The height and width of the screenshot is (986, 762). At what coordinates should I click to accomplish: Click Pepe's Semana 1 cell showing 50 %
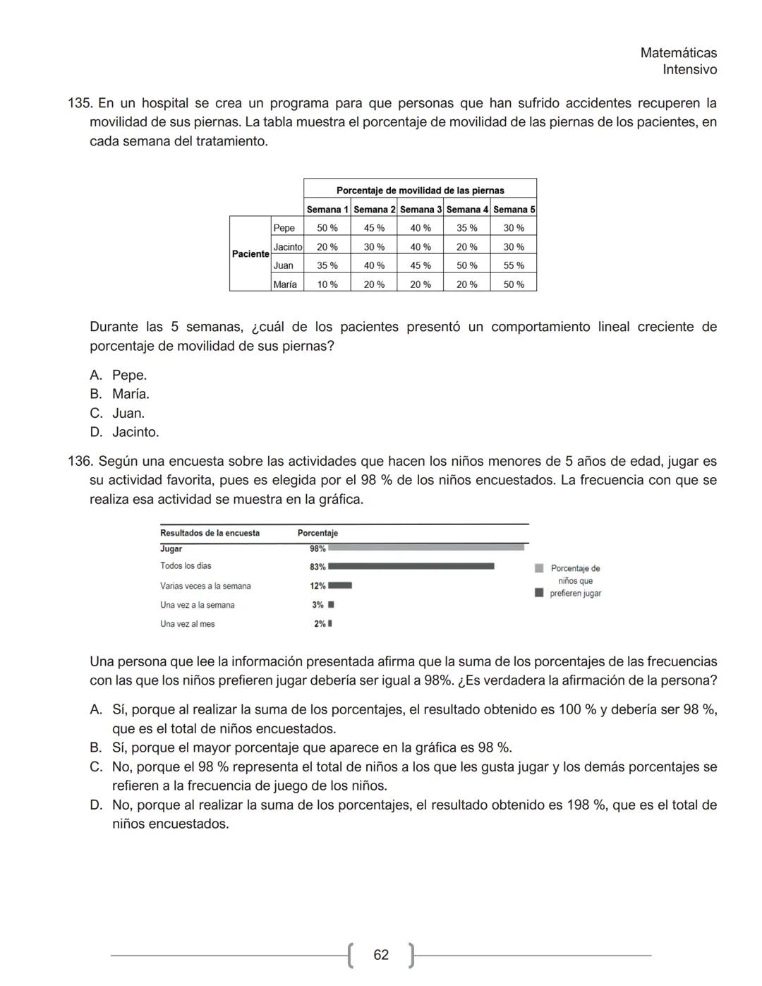tap(327, 228)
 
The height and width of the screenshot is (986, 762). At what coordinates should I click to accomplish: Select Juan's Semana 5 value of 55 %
tap(514, 265)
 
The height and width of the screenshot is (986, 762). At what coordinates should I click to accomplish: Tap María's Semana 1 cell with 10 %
tap(327, 284)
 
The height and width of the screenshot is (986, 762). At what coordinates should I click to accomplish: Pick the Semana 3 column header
tap(421, 210)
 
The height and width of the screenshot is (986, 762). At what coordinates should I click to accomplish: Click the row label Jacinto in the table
tap(287, 247)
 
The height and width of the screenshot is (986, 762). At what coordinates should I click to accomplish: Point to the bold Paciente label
tap(250, 254)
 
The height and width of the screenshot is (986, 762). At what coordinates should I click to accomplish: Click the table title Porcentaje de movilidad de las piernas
tap(420, 191)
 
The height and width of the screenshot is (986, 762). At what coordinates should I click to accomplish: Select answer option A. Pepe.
tap(128, 375)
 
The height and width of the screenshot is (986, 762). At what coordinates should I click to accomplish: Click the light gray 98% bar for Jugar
tap(426, 547)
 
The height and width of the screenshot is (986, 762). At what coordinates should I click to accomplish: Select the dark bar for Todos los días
tap(411, 566)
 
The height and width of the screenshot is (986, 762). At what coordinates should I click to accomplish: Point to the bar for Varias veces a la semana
tap(340, 585)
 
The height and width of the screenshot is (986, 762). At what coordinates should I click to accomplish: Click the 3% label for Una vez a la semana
tap(317, 605)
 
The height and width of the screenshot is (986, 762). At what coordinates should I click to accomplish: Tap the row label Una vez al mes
tap(187, 624)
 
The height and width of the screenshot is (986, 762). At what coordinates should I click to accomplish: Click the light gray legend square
tap(539, 568)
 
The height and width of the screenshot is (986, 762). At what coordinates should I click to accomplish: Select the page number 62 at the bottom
tap(381, 955)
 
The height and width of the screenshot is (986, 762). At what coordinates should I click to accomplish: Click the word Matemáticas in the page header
tap(678, 53)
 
